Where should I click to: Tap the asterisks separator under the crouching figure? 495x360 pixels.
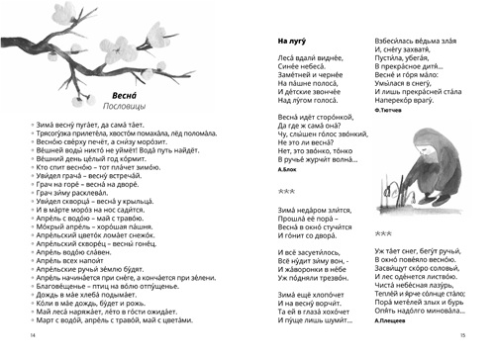[384, 234]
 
